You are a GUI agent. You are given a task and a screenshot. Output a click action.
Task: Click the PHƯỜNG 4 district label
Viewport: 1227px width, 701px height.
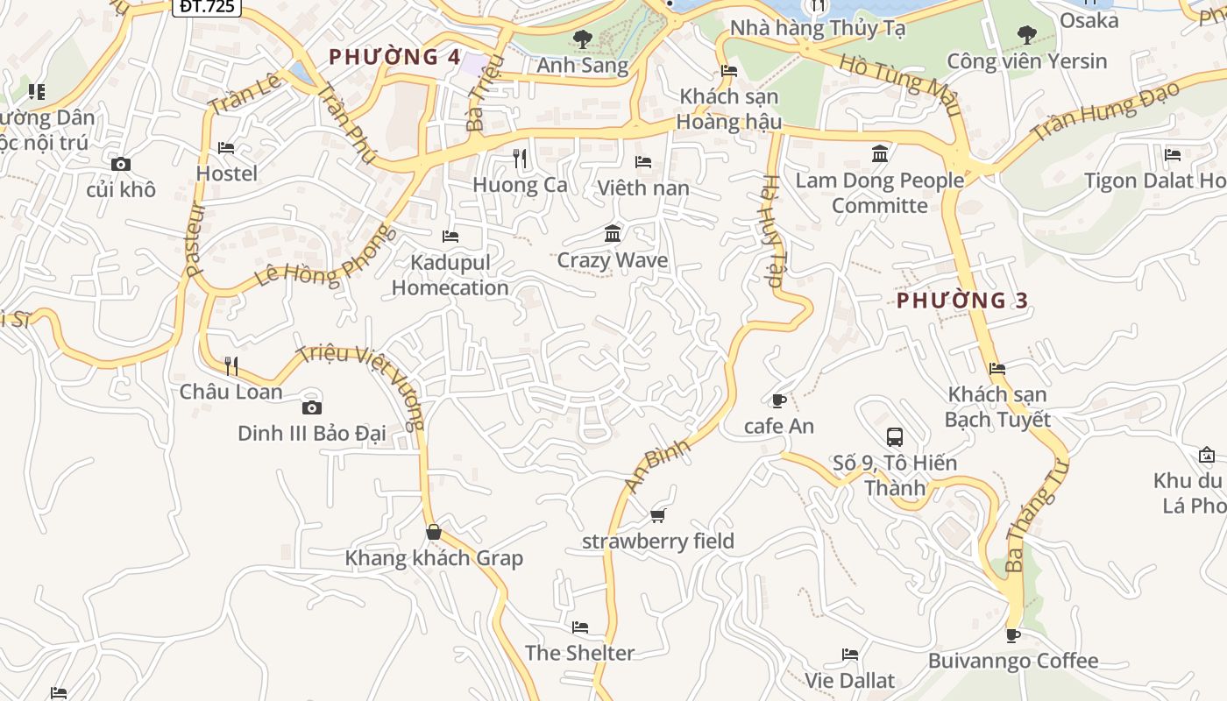(394, 58)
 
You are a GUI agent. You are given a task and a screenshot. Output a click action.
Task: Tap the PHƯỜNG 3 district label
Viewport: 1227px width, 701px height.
(962, 301)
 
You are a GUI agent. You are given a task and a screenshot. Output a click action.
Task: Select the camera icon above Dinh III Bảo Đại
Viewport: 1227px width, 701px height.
(311, 407)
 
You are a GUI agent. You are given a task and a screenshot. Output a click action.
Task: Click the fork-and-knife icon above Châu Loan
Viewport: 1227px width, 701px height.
(231, 365)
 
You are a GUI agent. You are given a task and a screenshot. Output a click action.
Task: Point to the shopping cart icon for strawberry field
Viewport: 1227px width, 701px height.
(658, 515)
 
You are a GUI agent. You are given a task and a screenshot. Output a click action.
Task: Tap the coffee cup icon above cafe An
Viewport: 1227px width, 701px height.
(778, 400)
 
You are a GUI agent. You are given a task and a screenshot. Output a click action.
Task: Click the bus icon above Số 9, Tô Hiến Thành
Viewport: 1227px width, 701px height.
(894, 436)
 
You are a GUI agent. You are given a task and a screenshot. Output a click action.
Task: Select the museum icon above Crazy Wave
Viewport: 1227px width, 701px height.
(613, 234)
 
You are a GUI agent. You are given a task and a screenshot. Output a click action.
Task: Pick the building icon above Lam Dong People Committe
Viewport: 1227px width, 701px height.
(880, 154)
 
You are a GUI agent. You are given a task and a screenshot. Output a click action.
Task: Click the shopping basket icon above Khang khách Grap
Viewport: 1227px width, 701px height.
(433, 532)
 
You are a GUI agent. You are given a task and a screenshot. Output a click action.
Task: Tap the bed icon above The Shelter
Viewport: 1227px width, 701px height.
(579, 627)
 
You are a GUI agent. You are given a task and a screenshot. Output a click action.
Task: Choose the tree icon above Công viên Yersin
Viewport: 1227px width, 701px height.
(1026, 35)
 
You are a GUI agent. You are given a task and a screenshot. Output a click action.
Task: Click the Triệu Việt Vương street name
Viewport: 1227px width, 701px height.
(361, 386)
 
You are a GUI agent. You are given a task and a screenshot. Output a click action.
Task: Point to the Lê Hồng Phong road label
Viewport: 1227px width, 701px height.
(325, 258)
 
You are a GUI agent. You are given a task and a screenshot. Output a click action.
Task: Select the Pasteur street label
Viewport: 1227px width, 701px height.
(195, 240)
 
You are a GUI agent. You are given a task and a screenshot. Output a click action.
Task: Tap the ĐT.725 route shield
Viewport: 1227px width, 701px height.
(206, 6)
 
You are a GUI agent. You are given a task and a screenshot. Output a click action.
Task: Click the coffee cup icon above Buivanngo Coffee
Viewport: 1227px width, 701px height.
(1013, 635)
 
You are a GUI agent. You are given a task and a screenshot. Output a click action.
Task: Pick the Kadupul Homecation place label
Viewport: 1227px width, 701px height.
(450, 275)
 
